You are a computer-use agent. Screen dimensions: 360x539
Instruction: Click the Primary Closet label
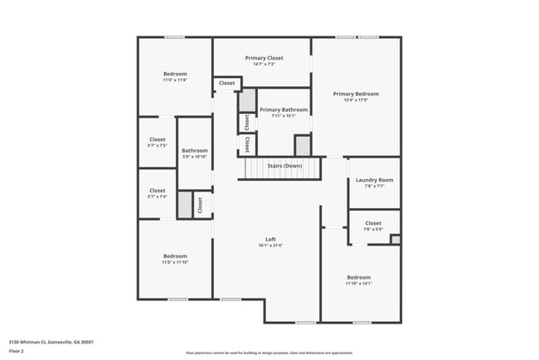click(264, 58)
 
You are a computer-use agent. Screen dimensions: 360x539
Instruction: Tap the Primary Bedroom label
click(356, 95)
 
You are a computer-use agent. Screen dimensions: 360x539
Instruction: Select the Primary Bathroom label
click(284, 109)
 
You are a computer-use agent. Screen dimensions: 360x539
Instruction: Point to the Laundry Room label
click(374, 180)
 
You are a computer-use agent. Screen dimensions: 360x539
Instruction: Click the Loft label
click(270, 240)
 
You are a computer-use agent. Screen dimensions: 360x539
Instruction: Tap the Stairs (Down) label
click(284, 166)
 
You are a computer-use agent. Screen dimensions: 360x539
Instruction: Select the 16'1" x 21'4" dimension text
click(270, 246)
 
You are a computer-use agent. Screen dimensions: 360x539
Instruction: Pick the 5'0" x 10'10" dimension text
click(195, 157)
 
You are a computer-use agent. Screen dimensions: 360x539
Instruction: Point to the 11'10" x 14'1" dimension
click(359, 284)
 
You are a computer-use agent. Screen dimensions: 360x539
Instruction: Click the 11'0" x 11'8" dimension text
click(175, 80)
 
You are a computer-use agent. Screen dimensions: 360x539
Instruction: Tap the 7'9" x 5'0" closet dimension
click(373, 230)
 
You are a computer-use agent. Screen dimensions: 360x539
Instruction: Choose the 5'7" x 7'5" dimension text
click(158, 146)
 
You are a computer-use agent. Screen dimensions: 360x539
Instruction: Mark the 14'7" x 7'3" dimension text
click(264, 65)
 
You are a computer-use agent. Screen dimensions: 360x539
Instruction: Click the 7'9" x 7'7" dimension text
click(374, 187)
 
